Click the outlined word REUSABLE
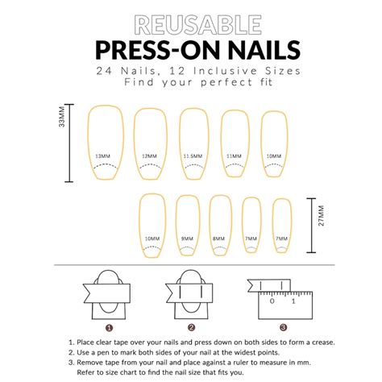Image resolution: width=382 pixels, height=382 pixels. (x=198, y=25)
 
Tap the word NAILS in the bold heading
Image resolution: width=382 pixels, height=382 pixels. (x=264, y=50)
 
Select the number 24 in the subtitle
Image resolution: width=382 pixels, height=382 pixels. (x=103, y=71)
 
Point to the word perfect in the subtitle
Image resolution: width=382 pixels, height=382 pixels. (x=226, y=82)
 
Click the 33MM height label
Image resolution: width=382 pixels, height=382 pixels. (x=62, y=117)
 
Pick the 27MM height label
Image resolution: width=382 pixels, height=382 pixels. (x=322, y=216)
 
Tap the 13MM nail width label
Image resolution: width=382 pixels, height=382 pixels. (x=102, y=156)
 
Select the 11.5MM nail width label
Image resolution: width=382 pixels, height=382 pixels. (x=193, y=156)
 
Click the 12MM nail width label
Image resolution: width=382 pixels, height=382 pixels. (x=149, y=156)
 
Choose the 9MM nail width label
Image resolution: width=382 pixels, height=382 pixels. (x=187, y=239)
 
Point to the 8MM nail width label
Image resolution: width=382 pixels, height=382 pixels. (x=218, y=239)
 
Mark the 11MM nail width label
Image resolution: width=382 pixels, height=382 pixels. (x=234, y=156)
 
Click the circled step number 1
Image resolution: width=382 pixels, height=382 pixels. (x=109, y=328)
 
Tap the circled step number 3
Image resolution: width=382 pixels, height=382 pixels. (x=284, y=327)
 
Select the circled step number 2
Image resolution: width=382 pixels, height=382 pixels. (x=191, y=327)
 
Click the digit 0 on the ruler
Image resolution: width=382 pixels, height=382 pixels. (x=272, y=301)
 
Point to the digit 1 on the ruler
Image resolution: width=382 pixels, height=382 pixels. (x=293, y=301)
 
